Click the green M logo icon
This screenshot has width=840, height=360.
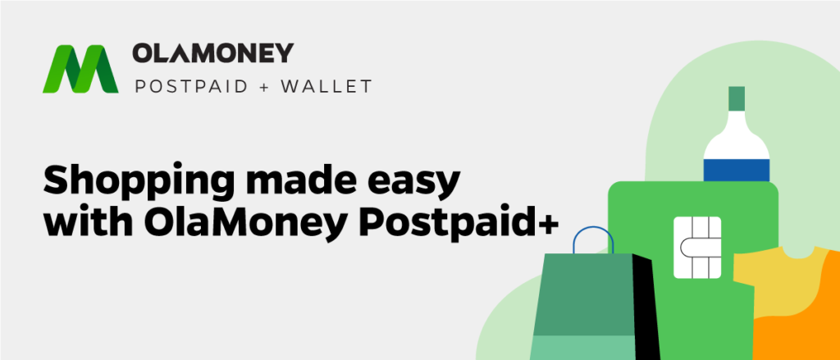[x=80, y=69]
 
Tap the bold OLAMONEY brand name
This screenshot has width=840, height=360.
[x=212, y=53]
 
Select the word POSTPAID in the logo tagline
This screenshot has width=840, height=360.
[x=191, y=86]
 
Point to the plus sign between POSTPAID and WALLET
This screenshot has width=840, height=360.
[x=265, y=87]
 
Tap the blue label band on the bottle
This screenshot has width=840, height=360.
[x=737, y=170]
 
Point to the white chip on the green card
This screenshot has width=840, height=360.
[x=697, y=248]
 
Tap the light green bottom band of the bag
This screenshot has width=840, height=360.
[x=582, y=348]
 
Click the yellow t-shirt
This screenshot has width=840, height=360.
[x=777, y=284]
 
